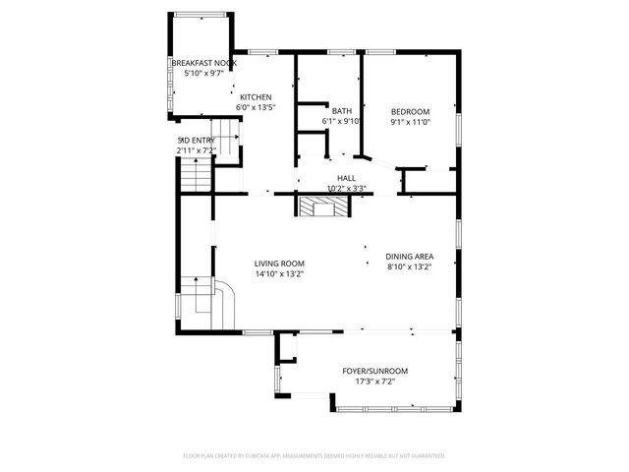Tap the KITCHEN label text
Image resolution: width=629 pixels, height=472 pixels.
tap(256, 97)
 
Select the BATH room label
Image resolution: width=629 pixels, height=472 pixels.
tap(342, 111)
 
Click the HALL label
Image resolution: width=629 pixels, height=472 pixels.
tap(346, 178)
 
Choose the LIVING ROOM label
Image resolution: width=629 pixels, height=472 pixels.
tap(279, 264)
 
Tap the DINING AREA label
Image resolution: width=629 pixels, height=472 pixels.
tap(409, 257)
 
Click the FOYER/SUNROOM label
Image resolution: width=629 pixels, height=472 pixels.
tap(374, 371)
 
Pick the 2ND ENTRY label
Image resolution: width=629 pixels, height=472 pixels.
tap(196, 141)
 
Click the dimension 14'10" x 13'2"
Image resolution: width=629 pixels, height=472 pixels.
tap(279, 274)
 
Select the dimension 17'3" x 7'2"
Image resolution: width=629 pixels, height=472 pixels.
tap(374, 382)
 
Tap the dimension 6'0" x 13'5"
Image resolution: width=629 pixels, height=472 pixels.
tap(256, 108)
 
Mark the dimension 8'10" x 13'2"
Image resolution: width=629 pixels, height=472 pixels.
tap(409, 267)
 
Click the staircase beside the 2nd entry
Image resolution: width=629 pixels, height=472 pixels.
tap(196, 176)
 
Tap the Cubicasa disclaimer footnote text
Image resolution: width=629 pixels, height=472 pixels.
tap(314, 455)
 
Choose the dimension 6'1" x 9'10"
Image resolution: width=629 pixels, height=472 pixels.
tap(342, 122)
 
